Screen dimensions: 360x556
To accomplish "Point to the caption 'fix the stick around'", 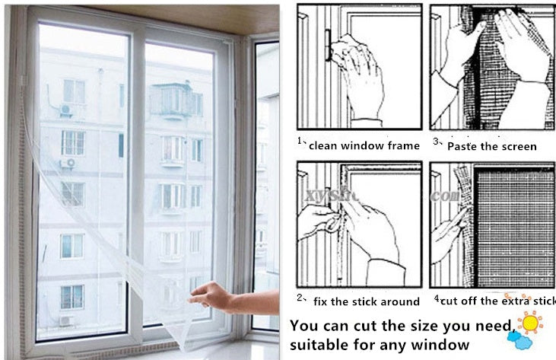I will click(364, 301).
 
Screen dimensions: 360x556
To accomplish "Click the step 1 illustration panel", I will click(358, 68).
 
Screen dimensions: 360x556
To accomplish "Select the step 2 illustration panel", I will click(358, 225).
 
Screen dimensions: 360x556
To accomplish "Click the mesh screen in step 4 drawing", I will click(514, 228).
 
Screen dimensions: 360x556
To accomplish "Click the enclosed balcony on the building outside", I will click(175, 100).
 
